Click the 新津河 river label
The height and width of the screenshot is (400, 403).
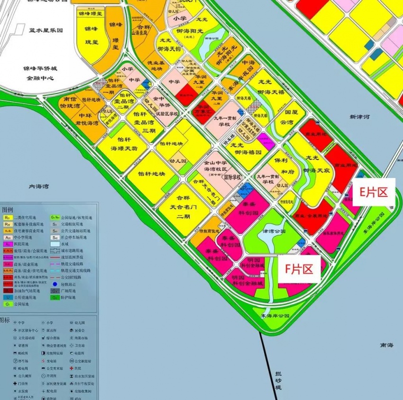pyautogui.click(x=359, y=117)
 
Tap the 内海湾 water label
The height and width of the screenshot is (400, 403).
pyautogui.click(x=39, y=187)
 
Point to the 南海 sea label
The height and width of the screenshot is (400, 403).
pyautogui.click(x=386, y=345)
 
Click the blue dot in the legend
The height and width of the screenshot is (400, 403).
pyautogui.click(x=55, y=284)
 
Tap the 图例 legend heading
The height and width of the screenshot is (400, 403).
pyautogui.click(x=9, y=209)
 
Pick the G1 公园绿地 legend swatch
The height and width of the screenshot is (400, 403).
pyautogui.click(x=8, y=304)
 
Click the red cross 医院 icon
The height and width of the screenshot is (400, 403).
pyautogui.click(x=72, y=368)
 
